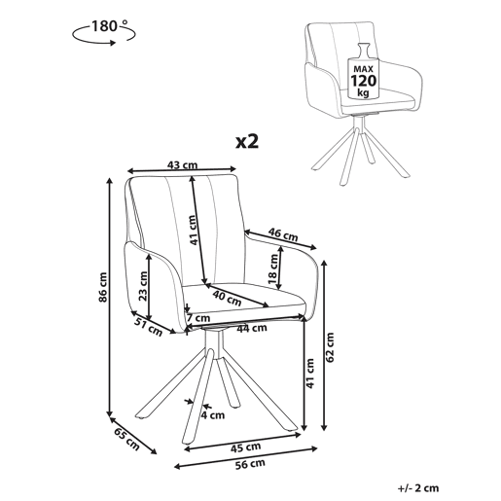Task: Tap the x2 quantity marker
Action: (x=247, y=141)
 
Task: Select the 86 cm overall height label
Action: (x=103, y=287)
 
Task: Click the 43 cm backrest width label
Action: (x=182, y=165)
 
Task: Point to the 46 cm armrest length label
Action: (x=283, y=234)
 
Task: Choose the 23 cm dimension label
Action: (x=143, y=287)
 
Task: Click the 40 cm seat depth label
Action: (x=227, y=299)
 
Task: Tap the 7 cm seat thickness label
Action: (x=198, y=318)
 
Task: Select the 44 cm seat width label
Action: (x=252, y=329)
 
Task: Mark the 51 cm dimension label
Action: (x=148, y=327)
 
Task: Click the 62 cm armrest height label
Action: (x=330, y=347)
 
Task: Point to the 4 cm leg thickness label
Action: (x=213, y=414)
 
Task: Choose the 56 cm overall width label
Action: (x=250, y=464)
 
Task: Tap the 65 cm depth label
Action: (x=126, y=439)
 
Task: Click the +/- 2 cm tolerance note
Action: (x=418, y=487)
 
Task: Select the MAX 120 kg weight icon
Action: (x=363, y=71)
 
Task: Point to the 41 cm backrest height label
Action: (x=193, y=231)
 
